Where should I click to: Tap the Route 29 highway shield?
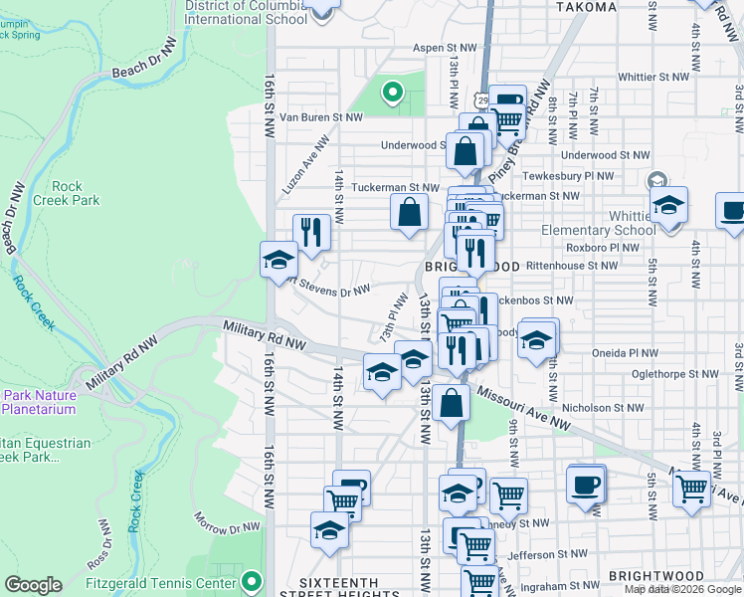[x=482, y=99]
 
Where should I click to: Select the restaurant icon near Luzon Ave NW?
[x=311, y=233]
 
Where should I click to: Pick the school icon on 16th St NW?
[x=279, y=261]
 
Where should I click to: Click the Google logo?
[x=33, y=585]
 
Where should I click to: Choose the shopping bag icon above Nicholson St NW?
[x=451, y=403]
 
